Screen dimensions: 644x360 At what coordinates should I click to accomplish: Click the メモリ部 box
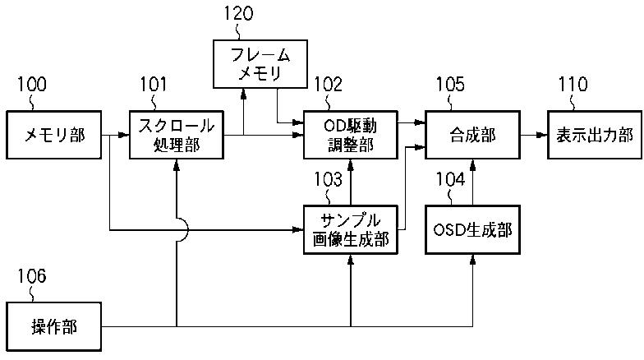[x=54, y=135]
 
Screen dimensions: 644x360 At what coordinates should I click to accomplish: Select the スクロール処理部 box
[x=177, y=135]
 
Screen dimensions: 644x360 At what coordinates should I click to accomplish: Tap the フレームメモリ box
[x=260, y=64]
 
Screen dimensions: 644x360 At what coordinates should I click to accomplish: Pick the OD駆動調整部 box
[x=350, y=135]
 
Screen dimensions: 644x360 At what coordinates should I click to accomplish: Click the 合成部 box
[x=472, y=135]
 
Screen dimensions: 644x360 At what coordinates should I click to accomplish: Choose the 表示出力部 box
[x=595, y=135]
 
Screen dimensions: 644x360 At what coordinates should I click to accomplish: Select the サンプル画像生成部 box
[x=350, y=230]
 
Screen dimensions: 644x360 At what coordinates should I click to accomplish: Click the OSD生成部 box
[x=472, y=230]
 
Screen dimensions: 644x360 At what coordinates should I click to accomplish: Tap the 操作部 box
[x=54, y=327]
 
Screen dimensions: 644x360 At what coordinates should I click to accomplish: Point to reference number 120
[x=238, y=13]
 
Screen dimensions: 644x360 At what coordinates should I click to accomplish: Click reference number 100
[x=31, y=84]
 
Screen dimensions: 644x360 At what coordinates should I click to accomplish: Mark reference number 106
[x=31, y=276]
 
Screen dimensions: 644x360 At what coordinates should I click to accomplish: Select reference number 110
[x=573, y=84]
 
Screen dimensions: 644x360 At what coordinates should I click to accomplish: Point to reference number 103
[x=329, y=179]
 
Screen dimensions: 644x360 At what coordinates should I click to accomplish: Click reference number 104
[x=450, y=179]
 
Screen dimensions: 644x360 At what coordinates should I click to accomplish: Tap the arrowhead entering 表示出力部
[x=542, y=135]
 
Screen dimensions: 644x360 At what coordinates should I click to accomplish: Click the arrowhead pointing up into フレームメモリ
[x=243, y=94]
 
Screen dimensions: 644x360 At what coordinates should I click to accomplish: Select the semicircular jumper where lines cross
[x=182, y=230]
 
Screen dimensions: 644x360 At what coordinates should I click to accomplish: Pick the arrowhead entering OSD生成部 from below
[x=472, y=260]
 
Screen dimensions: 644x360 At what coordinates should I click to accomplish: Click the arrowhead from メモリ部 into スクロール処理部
[x=124, y=135]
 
